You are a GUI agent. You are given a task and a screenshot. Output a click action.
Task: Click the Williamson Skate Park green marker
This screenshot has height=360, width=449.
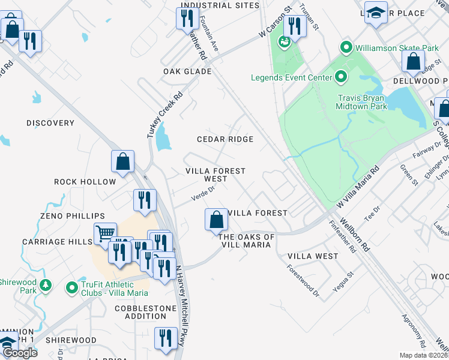point(346,47)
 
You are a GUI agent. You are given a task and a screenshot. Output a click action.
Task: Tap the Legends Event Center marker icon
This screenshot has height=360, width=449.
point(341,77)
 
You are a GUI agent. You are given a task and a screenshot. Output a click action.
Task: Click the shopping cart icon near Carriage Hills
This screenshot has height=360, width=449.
point(105,232)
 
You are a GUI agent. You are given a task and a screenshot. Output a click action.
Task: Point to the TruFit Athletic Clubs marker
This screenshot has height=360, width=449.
point(73,288)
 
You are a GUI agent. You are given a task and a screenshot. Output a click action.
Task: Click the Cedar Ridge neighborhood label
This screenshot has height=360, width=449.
point(225,139)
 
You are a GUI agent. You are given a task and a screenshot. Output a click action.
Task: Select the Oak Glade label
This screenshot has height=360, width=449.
point(187,71)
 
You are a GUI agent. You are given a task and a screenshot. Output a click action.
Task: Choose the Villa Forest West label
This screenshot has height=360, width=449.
point(215,175)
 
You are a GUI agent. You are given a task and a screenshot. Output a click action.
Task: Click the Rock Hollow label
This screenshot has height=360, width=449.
point(85,182)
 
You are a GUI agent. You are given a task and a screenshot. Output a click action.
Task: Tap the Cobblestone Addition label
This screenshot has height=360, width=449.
point(144,312)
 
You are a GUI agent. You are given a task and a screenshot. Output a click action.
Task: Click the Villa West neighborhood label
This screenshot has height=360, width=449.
point(313,256)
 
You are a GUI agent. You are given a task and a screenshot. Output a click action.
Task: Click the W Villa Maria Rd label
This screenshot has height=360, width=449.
point(359,188)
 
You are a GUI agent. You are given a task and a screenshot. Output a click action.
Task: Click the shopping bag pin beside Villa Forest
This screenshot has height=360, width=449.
point(216,220)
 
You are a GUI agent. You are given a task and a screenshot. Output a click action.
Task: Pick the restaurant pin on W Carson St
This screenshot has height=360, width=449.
point(294,25)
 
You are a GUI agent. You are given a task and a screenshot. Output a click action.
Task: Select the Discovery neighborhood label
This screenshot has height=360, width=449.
point(50,123)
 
